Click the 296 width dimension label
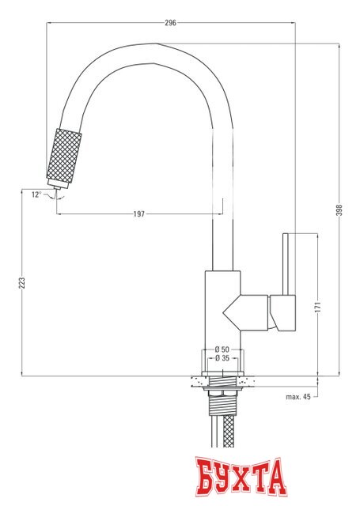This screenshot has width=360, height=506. [170, 23]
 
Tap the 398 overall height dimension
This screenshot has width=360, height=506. [340, 210]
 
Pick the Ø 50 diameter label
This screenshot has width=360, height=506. [222, 349]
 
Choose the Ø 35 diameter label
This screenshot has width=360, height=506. [222, 358]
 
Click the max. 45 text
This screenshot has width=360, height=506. [299, 396]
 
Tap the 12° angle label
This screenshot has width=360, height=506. [36, 194]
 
